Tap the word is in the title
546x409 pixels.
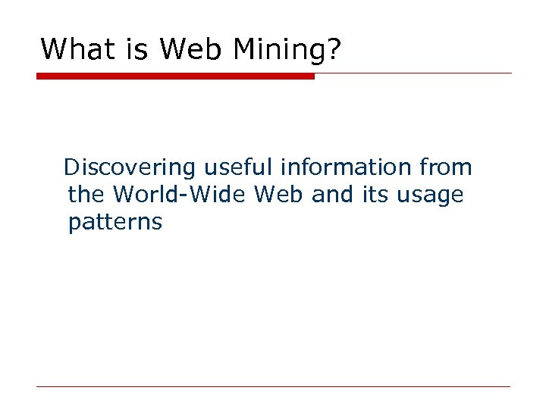pyautogui.click(x=139, y=50)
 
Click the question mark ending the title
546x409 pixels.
pyautogui.click(x=334, y=50)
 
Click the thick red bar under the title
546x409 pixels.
pyautogui.click(x=175, y=76)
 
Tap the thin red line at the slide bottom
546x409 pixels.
pyautogui.click(x=273, y=387)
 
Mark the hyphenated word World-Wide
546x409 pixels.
pyautogui.click(x=180, y=195)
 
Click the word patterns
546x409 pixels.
pyautogui.click(x=115, y=223)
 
